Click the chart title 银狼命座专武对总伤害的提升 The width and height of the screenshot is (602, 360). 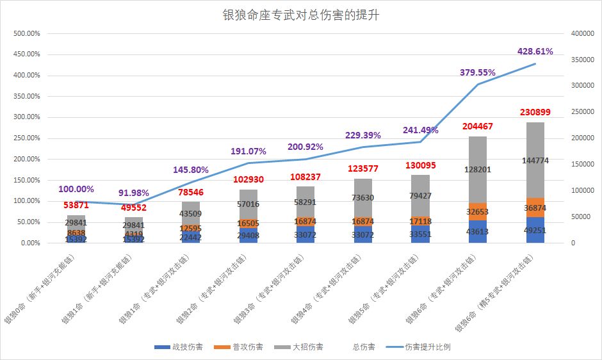tap(300, 15)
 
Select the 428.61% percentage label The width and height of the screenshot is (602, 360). tap(535, 51)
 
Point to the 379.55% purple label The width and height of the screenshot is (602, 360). tap(478, 72)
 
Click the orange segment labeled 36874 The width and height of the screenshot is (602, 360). tap(535, 208)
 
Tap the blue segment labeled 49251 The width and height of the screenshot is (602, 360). tap(535, 230)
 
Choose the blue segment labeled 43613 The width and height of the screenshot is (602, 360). tap(478, 231)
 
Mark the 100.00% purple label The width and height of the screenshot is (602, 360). tap(76, 189)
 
